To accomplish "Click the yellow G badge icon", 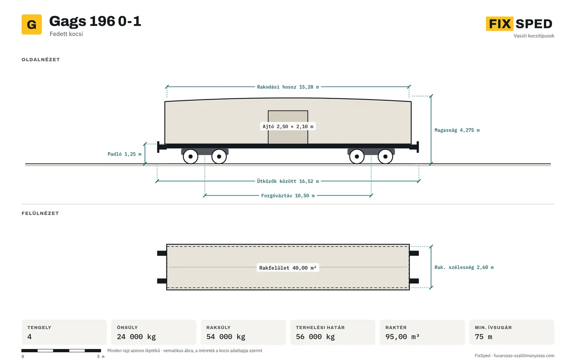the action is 32,24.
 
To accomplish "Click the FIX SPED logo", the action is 519,24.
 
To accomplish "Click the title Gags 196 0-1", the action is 95,21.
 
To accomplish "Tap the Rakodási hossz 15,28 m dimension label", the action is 288,87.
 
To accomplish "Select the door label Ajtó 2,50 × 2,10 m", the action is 288,127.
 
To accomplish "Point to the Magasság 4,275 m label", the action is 457,130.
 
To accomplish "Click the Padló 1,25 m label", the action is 124,154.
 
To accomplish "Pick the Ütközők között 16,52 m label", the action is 288,181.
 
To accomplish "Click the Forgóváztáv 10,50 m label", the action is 288,196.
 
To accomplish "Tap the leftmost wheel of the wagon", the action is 191,156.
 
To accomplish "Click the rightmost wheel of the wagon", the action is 385,156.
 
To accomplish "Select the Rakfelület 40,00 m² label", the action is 288,268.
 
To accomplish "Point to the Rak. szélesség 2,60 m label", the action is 464,267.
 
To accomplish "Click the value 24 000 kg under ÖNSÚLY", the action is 136,337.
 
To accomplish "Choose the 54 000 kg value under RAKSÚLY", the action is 226,337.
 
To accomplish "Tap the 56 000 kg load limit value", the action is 315,337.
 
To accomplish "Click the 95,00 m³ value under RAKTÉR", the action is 402,337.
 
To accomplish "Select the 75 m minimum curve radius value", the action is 483,337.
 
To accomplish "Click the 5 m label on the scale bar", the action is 101,357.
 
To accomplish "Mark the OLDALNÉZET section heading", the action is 41,60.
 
